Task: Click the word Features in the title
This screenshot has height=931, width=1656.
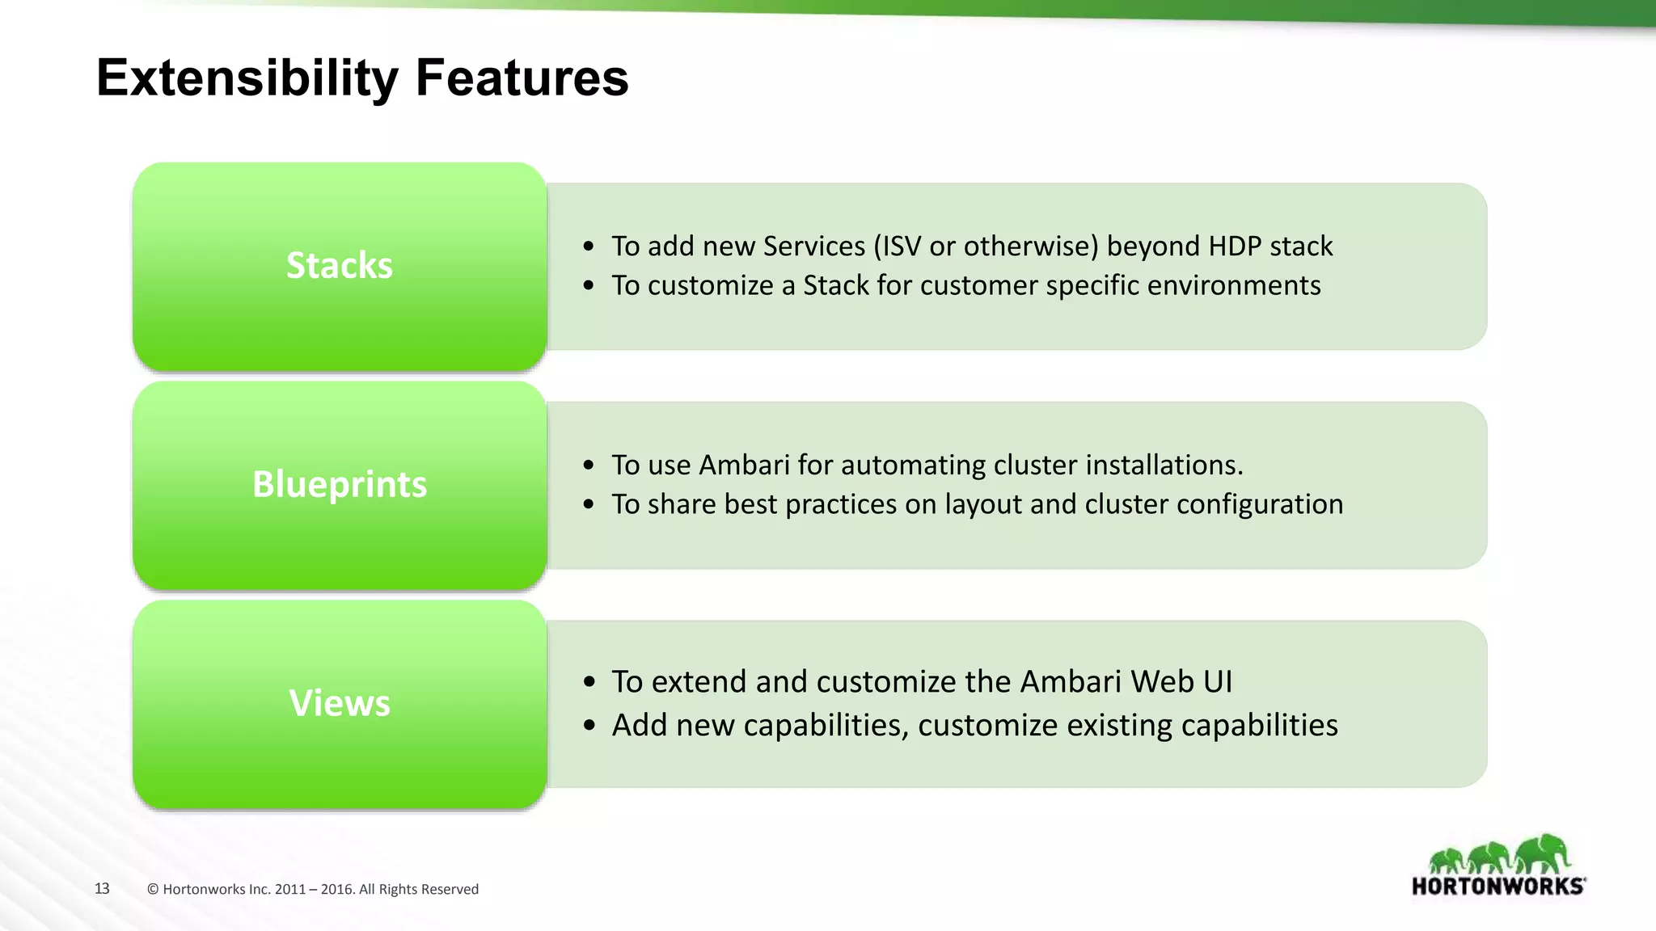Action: [522, 78]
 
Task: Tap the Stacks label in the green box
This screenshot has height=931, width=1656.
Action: [340, 266]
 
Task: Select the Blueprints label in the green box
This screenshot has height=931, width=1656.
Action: [340, 484]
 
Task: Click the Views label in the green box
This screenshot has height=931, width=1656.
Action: [340, 703]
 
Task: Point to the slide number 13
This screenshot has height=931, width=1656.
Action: [102, 888]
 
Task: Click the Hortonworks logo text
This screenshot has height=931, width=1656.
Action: [1498, 887]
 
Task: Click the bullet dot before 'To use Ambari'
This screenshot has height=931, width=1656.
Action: [589, 465]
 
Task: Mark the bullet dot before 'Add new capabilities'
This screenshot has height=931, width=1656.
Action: [589, 726]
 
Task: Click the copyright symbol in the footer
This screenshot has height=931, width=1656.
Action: [153, 889]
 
